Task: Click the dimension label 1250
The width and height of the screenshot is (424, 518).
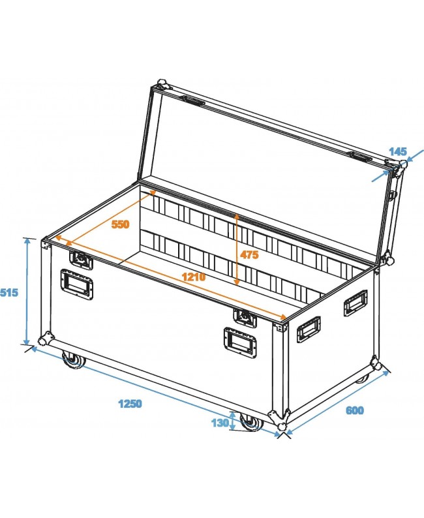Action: click(130, 403)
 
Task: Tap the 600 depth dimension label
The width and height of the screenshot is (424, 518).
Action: click(354, 410)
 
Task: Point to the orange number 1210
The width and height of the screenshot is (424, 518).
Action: click(194, 277)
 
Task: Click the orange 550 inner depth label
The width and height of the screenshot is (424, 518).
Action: click(120, 224)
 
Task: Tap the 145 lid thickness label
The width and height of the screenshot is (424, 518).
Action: click(398, 151)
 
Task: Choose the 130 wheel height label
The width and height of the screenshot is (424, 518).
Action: click(220, 423)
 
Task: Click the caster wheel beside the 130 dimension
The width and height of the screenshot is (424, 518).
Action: click(249, 423)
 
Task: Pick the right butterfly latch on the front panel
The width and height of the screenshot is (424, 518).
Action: click(245, 317)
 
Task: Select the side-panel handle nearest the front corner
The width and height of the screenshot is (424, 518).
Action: click(308, 329)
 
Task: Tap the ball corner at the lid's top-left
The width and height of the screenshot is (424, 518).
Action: click(161, 85)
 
